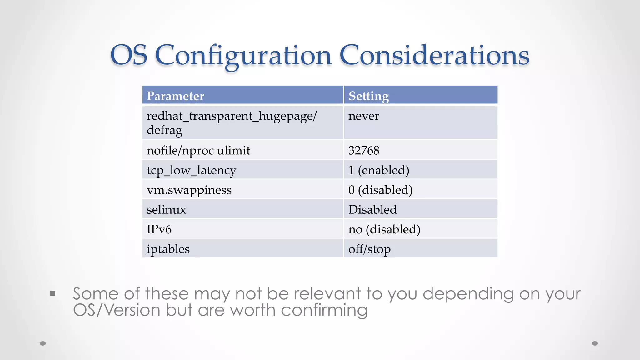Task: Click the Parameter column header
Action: coord(175,96)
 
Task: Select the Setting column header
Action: coord(369,96)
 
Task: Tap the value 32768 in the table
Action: coord(364,151)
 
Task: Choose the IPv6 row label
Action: coord(159,230)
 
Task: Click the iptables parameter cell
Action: coord(168,249)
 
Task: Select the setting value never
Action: coord(364,116)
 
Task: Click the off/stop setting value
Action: coord(369,249)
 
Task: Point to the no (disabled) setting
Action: coord(384,230)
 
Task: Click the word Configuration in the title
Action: coord(243,56)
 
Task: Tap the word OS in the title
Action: coord(129,56)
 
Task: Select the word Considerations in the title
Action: coord(434,56)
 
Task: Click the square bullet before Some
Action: coord(52,293)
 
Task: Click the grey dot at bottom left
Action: coord(43,343)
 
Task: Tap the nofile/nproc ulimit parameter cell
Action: coord(198,151)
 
